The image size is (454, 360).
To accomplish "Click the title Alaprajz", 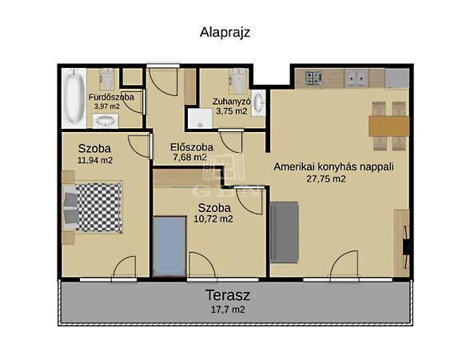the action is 225,33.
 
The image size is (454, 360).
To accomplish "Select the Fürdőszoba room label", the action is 111,97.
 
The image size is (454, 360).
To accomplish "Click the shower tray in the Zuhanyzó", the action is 200,118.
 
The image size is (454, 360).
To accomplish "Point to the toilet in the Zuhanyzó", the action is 238,81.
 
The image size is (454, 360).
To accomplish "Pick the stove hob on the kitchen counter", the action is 313,78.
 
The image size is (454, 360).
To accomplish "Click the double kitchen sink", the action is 356,78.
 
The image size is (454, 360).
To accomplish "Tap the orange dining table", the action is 388,126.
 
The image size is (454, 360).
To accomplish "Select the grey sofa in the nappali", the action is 284,233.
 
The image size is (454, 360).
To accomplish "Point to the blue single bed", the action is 169,246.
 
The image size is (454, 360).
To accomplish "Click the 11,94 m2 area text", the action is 95,160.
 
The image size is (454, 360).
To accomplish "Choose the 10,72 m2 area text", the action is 213,219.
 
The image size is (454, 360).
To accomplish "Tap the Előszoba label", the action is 192,147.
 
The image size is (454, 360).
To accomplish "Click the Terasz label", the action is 228,295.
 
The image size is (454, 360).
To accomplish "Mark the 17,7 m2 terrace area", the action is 228,310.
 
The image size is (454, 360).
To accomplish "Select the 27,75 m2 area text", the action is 326,178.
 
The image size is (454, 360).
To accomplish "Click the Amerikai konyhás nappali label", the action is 333,167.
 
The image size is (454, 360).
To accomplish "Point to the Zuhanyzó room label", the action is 231,102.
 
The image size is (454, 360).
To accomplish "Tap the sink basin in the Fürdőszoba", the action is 105,121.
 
